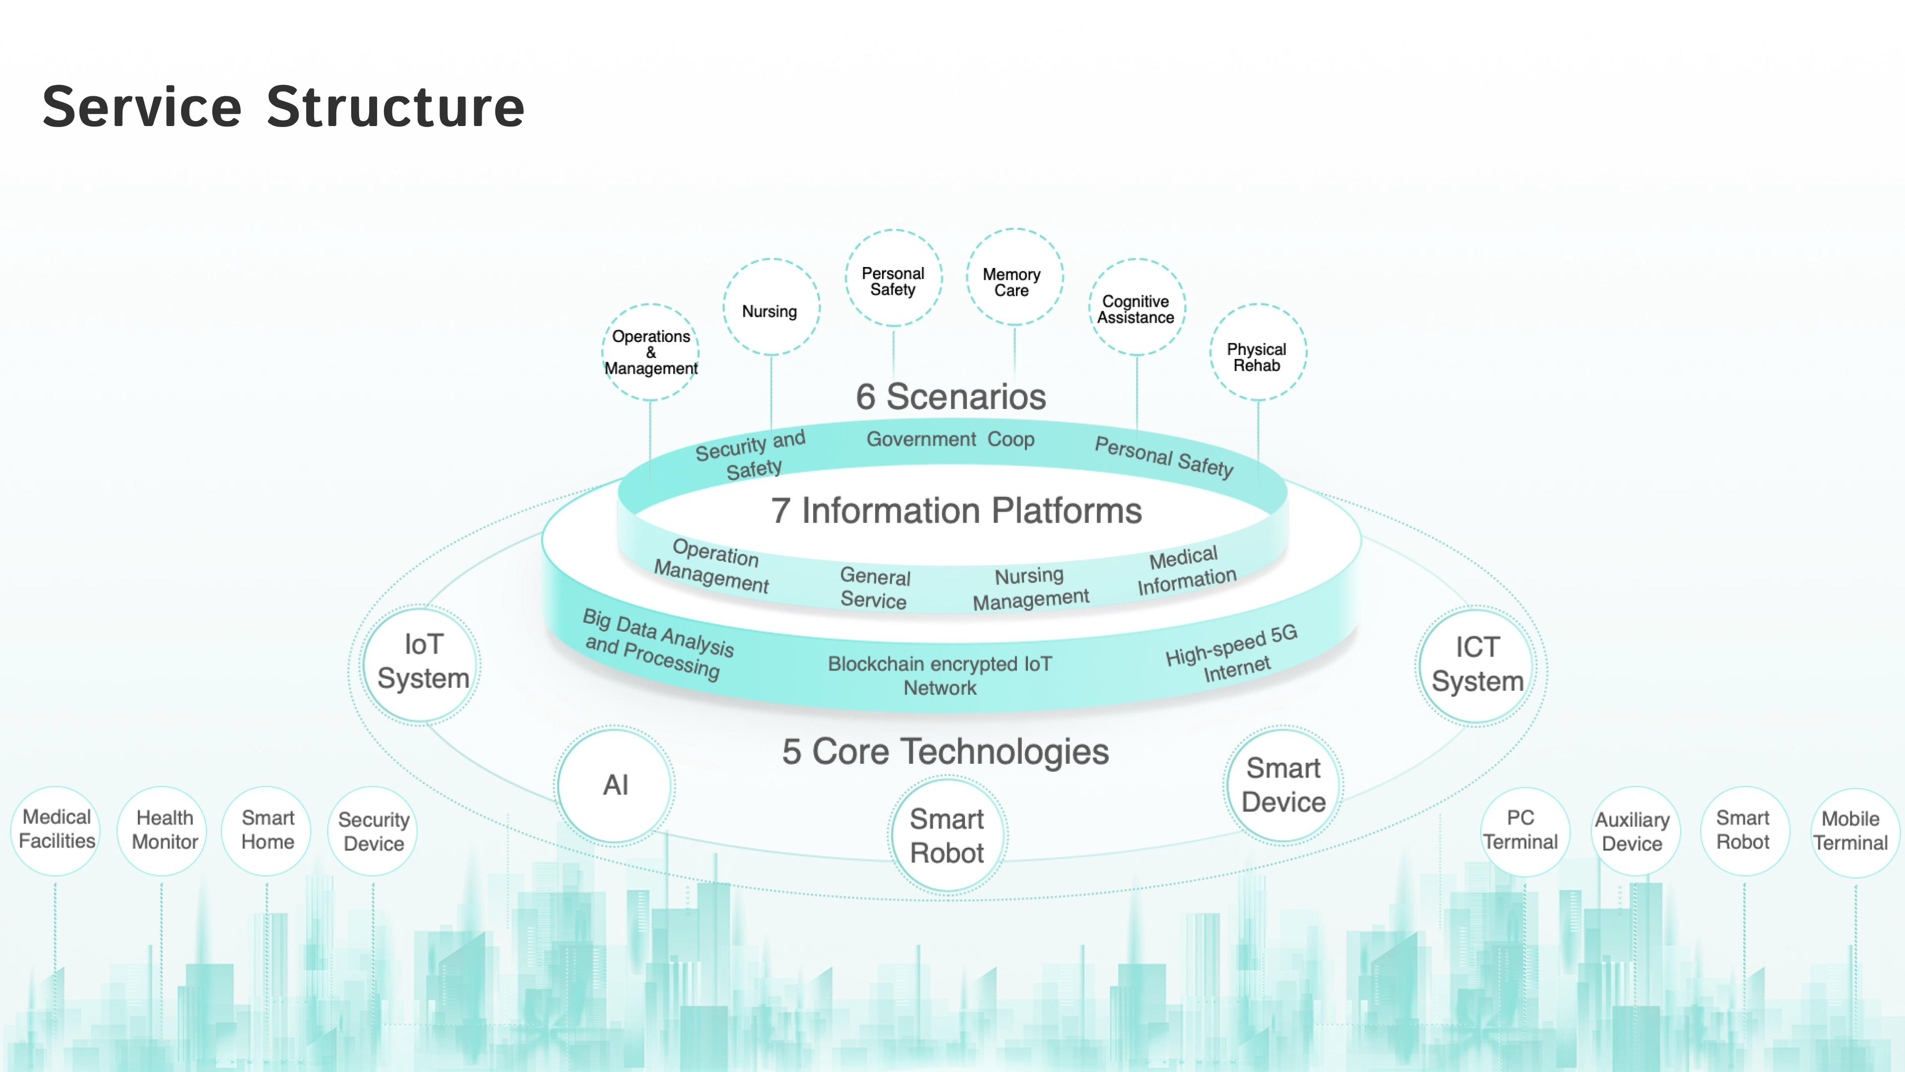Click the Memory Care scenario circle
click(x=1014, y=279)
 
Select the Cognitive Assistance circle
click(x=1137, y=308)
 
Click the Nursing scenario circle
click(x=770, y=308)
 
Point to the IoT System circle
click(x=422, y=663)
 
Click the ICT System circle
click(x=1477, y=665)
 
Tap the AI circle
click(x=615, y=785)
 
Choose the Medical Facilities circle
click(x=56, y=830)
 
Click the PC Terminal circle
click(x=1522, y=830)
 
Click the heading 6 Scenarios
click(x=951, y=397)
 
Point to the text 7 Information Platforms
click(x=956, y=511)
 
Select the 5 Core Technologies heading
click(x=946, y=752)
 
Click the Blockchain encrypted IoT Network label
click(x=940, y=675)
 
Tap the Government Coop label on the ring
click(x=951, y=439)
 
